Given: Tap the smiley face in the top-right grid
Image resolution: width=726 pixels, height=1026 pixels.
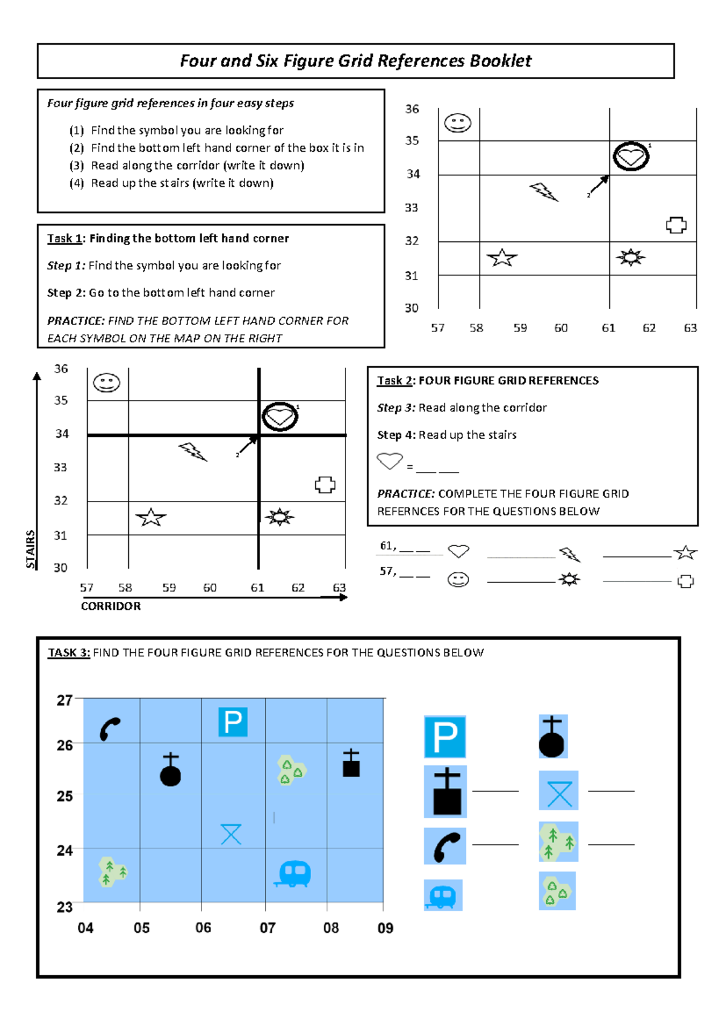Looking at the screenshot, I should tap(457, 123).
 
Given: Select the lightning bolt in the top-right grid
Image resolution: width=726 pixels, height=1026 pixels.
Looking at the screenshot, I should tap(544, 192).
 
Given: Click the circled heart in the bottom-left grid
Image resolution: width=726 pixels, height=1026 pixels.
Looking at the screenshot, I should tap(280, 416).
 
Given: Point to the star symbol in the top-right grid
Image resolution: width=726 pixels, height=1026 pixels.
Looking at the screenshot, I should tap(502, 258).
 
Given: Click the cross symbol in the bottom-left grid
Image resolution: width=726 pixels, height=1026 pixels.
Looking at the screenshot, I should tap(325, 485).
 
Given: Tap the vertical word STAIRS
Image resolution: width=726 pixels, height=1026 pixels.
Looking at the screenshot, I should tap(30, 549).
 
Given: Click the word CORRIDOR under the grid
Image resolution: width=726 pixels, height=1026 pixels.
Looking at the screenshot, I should tap(111, 606).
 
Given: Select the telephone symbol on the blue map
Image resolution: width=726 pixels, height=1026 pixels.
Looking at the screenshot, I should tap(110, 729).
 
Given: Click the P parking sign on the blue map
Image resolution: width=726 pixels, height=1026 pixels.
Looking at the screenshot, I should tap(233, 722).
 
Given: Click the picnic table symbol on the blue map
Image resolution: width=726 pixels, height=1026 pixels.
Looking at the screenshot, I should tap(231, 834).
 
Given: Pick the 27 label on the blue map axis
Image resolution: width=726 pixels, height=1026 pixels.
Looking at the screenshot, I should tap(65, 701).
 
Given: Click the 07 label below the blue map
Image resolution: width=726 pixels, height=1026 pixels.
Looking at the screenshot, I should tap(267, 928).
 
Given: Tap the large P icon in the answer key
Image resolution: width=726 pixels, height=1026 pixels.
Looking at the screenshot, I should tap(445, 737).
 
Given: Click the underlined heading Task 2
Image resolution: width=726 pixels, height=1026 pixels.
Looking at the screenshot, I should tap(394, 381).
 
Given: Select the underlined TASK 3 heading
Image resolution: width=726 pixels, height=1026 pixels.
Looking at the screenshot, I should tap(69, 653).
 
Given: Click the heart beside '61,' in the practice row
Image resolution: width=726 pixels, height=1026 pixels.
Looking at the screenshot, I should tap(459, 551).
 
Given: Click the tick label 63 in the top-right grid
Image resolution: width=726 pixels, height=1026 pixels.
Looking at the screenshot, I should tap(690, 328).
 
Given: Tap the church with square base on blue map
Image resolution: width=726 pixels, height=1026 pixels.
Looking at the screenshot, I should tap(351, 763).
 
